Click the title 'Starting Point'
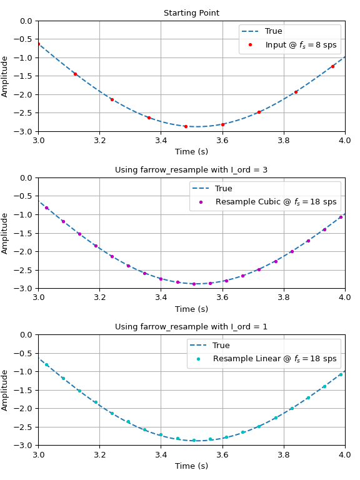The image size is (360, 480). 191,13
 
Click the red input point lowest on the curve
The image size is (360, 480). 186,126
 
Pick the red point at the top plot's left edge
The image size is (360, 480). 39,44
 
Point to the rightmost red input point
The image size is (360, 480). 332,66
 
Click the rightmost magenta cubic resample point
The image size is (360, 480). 341,217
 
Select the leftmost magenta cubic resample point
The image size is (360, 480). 46,208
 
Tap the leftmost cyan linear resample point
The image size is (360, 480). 46,364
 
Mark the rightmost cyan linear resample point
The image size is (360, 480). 341,374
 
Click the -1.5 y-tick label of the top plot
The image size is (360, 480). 22,76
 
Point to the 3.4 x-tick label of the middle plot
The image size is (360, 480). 161,297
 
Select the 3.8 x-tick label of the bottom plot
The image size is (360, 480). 284,454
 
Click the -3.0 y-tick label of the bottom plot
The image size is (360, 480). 22,445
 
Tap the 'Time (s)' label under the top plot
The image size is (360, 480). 191,151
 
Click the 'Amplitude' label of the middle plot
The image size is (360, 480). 4,234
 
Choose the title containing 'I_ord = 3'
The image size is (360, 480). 191,170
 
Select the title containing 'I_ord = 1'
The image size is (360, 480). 191,327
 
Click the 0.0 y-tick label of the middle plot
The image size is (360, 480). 26,178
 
